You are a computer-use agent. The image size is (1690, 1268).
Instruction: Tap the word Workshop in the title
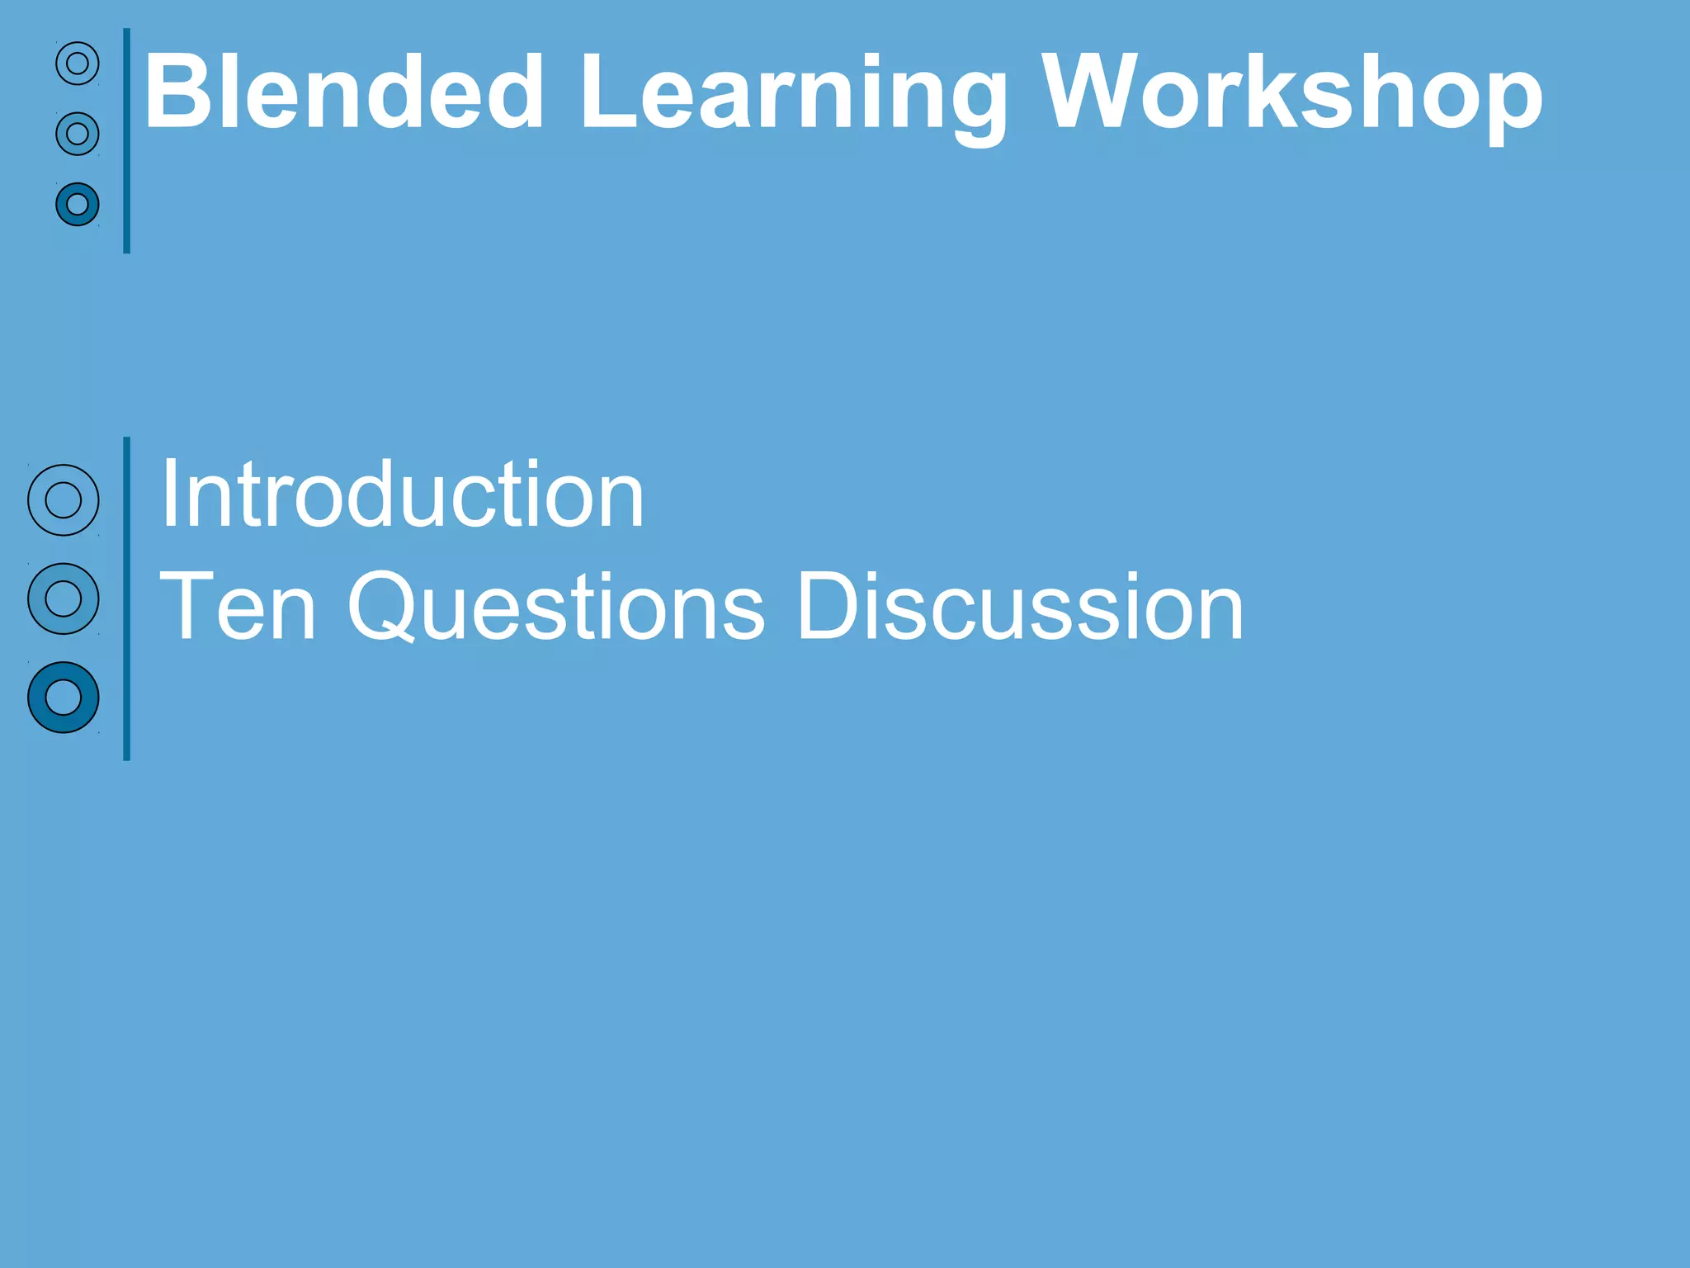(1291, 92)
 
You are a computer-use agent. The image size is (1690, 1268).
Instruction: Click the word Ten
(238, 607)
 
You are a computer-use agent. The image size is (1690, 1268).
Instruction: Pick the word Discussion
(1020, 607)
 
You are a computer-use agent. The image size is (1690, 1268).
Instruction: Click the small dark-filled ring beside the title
(78, 204)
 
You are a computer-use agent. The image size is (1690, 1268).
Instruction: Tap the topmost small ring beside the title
(78, 64)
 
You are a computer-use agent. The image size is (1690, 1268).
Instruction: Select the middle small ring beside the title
(78, 134)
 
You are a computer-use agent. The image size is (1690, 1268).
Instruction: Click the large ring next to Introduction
(64, 500)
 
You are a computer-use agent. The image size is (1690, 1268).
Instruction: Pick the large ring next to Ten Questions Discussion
(64, 599)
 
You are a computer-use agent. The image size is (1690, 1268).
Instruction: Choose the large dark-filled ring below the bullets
(64, 698)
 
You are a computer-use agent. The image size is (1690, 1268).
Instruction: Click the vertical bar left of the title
(126, 140)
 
